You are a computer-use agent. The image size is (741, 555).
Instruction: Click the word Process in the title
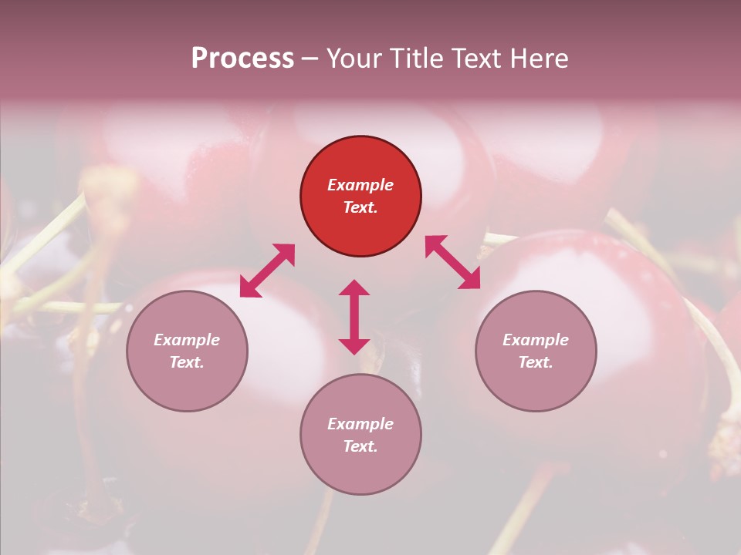[x=242, y=59]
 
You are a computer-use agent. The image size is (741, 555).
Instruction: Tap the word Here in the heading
[x=538, y=59]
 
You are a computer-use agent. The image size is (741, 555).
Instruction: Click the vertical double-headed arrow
[x=354, y=317]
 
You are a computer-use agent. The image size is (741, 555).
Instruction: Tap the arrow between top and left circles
[x=267, y=271]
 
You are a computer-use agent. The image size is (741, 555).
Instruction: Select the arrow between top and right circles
[x=452, y=262]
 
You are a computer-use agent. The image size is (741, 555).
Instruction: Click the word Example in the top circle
[x=360, y=185]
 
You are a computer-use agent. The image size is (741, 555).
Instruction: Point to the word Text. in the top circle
[x=360, y=207]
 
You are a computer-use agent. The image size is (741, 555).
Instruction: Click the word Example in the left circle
[x=187, y=340]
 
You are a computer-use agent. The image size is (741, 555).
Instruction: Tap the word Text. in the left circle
[x=187, y=362]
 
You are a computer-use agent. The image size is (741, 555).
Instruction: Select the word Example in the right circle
[x=536, y=340]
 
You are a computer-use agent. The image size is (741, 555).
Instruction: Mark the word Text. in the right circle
[x=536, y=362]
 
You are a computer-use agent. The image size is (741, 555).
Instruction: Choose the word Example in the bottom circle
[x=360, y=424]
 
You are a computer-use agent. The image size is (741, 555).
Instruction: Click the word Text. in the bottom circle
[x=360, y=446]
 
